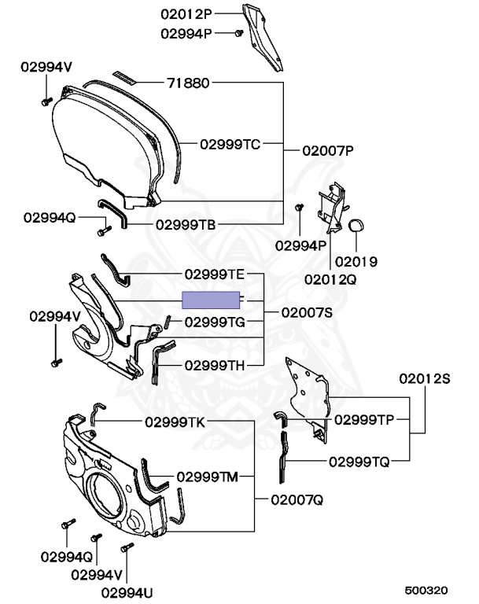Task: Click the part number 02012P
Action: click(x=187, y=13)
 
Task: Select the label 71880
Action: click(x=188, y=83)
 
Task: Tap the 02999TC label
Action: click(x=229, y=144)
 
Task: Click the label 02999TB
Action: click(x=185, y=224)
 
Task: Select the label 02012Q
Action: click(x=331, y=278)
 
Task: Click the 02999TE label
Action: click(x=215, y=274)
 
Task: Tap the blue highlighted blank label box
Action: click(x=210, y=299)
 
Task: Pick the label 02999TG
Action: click(x=215, y=322)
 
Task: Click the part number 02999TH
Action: click(x=215, y=366)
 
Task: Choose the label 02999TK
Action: click(x=174, y=422)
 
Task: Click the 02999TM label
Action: click(x=207, y=476)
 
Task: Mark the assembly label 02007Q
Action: click(x=297, y=499)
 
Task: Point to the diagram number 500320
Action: click(x=426, y=590)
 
